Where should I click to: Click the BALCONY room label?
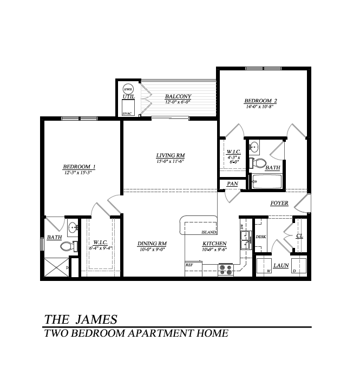click(178, 96)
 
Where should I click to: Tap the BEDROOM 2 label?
click(260, 101)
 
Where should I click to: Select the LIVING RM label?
click(171, 155)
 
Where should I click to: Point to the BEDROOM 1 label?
click(80, 166)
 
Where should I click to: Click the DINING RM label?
click(152, 244)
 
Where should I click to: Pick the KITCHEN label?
click(214, 244)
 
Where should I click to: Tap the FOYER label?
click(279, 203)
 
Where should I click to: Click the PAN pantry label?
click(232, 184)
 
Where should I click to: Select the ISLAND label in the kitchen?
click(208, 232)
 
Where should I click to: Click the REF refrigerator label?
click(189, 265)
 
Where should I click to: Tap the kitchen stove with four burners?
click(225, 269)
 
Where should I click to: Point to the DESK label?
click(260, 237)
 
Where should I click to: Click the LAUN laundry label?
click(280, 265)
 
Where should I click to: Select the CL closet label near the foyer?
click(299, 235)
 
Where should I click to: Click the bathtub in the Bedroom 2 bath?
click(267, 182)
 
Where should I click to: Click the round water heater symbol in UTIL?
click(128, 89)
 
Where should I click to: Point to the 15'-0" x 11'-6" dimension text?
click(171, 161)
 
